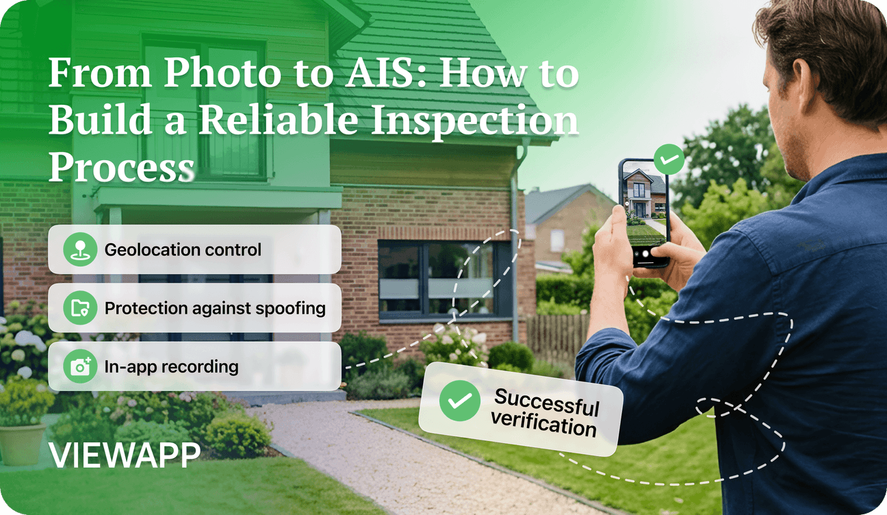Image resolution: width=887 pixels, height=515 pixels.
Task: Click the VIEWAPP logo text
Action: (125, 455)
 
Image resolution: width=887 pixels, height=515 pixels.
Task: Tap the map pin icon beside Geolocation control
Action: (80, 249)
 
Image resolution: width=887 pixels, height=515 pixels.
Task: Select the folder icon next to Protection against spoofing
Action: (80, 307)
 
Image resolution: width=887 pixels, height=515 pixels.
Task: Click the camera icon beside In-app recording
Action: (80, 366)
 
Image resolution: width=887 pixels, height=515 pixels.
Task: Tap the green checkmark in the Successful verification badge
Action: (460, 401)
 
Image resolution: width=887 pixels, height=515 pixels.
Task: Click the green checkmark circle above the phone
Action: (669, 160)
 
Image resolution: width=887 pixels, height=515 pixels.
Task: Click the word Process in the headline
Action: (122, 167)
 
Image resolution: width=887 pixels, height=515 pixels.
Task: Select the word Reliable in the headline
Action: (279, 119)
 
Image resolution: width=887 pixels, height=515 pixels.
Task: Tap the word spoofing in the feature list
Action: (291, 309)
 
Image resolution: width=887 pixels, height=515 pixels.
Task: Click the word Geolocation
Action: (149, 250)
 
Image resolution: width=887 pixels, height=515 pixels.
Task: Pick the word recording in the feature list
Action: (205, 367)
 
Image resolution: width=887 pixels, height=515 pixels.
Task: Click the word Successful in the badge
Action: (547, 402)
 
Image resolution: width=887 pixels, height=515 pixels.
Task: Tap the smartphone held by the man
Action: (644, 213)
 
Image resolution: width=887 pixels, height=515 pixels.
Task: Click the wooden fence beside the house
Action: (558, 338)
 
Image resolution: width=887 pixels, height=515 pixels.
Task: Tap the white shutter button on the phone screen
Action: (646, 253)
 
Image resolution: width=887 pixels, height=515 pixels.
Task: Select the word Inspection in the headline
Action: (475, 121)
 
